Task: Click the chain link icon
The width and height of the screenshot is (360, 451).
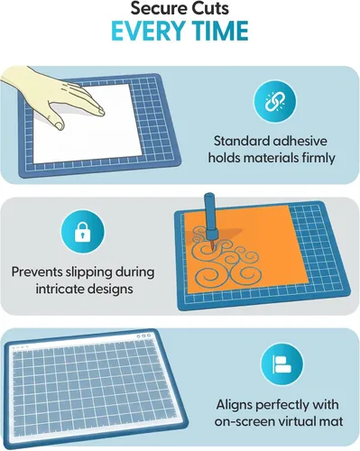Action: click(x=274, y=101)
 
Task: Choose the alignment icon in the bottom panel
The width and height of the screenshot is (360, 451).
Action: click(x=282, y=364)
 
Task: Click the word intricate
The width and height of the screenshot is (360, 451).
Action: click(x=60, y=289)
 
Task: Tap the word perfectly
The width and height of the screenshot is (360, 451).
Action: click(x=282, y=405)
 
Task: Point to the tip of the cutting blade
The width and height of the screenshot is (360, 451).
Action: click(x=212, y=250)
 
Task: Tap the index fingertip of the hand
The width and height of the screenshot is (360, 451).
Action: click(x=101, y=112)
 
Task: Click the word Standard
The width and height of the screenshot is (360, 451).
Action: click(x=237, y=141)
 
